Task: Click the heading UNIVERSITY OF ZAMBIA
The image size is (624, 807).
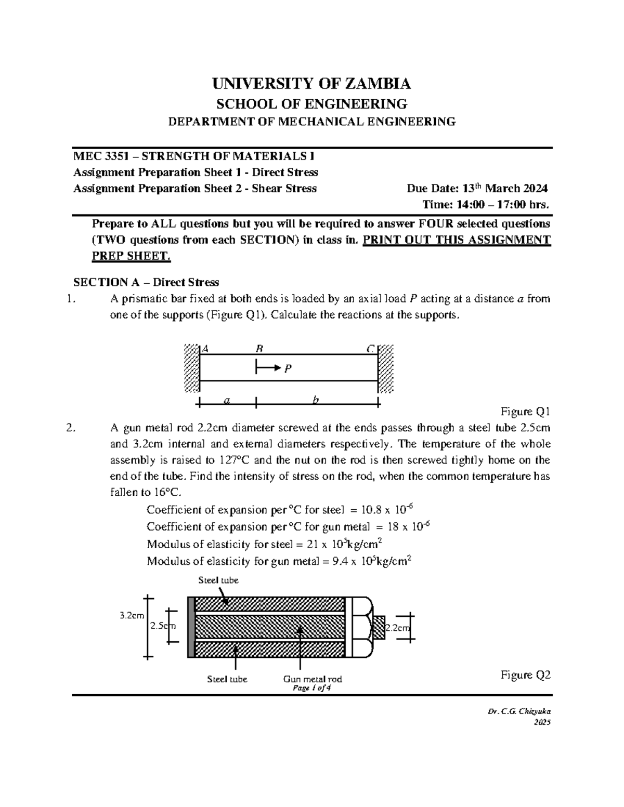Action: coord(311,83)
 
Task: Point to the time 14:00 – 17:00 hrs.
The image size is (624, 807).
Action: coord(486,204)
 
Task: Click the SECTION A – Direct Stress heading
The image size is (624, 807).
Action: coord(146,282)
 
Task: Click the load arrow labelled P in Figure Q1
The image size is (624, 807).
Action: coord(269,368)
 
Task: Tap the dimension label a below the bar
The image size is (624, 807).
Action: coord(226,400)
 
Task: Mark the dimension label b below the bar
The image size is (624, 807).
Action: coord(316,400)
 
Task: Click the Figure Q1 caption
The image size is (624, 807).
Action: coord(525,412)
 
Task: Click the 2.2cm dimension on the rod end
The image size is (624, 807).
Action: coord(397,628)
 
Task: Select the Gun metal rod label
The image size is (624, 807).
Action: coord(312,679)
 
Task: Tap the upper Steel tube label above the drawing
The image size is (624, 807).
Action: coord(218,580)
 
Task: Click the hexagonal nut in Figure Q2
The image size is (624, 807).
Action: coord(362,626)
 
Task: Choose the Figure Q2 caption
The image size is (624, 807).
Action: coord(525,675)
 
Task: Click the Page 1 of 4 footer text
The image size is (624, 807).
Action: coord(312,688)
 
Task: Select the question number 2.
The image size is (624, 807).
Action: coord(71,428)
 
